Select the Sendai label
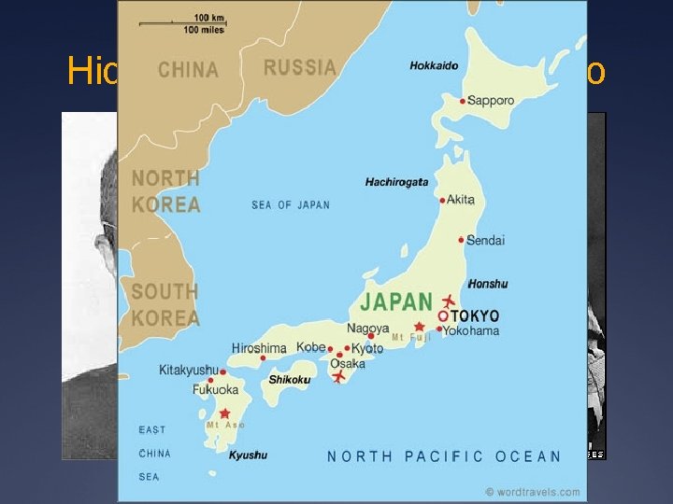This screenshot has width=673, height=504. (x=485, y=240)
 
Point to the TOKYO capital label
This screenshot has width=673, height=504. (x=475, y=315)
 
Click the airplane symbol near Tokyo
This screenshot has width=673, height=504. (x=449, y=300)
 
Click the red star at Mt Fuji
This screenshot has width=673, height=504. (x=419, y=328)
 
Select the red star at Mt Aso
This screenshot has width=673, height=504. (x=224, y=413)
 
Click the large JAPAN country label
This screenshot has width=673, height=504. (x=396, y=302)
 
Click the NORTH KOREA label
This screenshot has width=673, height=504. (x=165, y=190)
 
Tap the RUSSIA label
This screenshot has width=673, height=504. (x=299, y=67)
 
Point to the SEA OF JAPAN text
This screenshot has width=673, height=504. (x=291, y=205)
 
